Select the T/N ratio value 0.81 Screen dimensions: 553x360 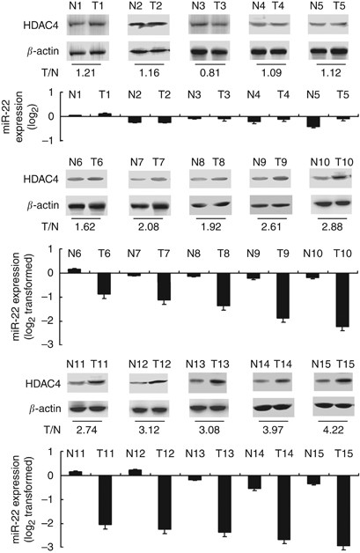pyautogui.click(x=209, y=68)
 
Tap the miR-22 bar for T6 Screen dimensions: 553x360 pyautogui.click(x=104, y=283)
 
